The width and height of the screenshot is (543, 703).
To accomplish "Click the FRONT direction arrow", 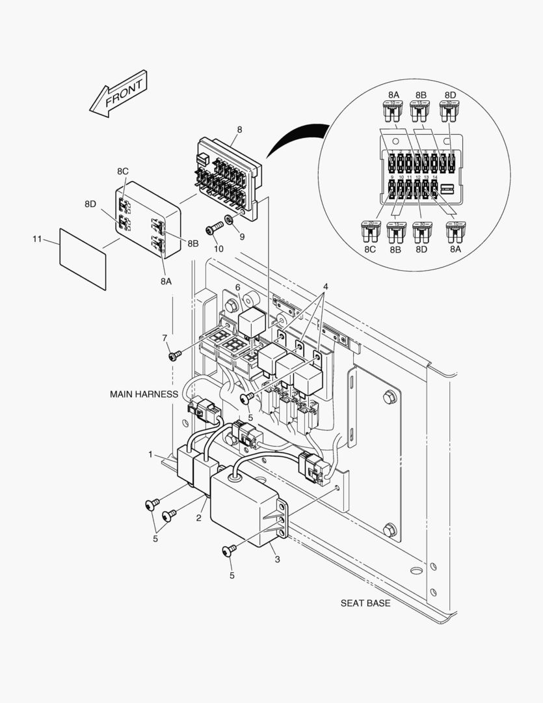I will (118, 95).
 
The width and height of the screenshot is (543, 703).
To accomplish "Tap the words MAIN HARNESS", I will (143, 394).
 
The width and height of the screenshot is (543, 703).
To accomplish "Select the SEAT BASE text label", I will (365, 603).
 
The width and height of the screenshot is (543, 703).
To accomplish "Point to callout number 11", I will (37, 240).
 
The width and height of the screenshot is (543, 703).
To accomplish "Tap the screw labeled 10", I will (213, 229).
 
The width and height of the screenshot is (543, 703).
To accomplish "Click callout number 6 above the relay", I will (238, 287).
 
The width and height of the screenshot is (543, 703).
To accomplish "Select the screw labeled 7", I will (175, 356).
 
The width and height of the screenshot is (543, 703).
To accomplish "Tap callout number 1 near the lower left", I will (150, 454).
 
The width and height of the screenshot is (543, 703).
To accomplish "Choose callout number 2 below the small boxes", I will (199, 517).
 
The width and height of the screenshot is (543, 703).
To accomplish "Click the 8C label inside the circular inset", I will (369, 249).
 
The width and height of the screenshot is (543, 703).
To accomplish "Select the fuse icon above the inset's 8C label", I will (369, 230).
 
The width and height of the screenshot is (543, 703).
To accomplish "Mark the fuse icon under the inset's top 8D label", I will (449, 111).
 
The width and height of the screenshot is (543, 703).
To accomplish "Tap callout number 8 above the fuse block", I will (239, 130).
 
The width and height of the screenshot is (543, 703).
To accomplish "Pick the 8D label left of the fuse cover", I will (90, 204).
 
